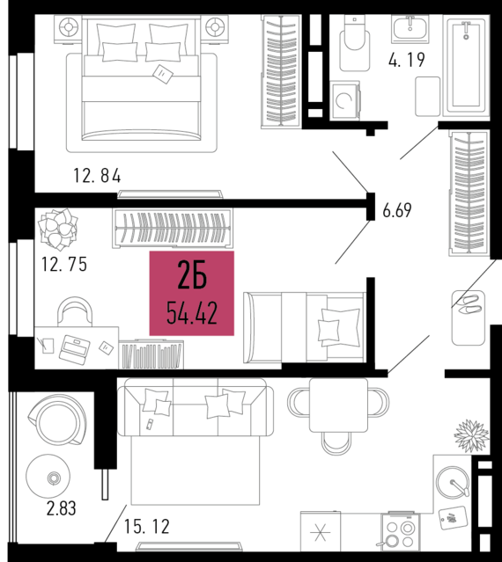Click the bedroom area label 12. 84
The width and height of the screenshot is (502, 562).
tap(97, 176)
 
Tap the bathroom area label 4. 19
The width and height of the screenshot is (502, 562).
tap(407, 60)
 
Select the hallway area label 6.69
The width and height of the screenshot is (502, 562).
tap(397, 210)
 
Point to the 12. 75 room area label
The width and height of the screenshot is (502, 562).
tap(64, 264)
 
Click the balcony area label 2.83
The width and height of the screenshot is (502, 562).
tap(62, 508)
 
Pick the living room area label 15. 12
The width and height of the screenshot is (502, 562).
tap(147, 527)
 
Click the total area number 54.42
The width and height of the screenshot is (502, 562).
tap(192, 313)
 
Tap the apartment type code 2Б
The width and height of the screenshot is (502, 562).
tap(192, 274)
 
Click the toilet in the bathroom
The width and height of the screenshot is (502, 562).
tap(355, 43)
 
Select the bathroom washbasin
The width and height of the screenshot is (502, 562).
tap(410, 29)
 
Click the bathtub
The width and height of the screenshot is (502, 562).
tap(466, 66)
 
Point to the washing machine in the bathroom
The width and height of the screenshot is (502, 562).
tap(345, 100)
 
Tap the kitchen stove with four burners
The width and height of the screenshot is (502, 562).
tap(400, 531)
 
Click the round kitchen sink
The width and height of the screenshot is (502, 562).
tap(453, 483)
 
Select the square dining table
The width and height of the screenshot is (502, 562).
tap(338, 405)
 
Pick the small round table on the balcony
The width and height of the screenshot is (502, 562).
tap(48, 476)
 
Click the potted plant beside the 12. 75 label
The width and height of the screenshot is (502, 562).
tap(57, 230)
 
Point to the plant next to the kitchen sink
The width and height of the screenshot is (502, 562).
tap(471, 435)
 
